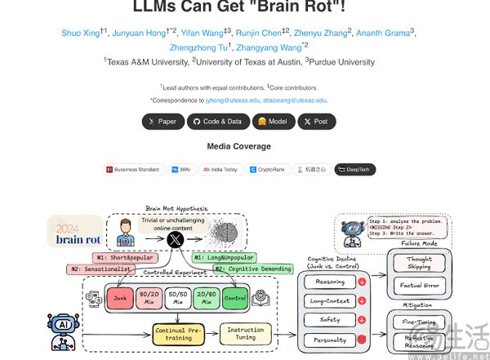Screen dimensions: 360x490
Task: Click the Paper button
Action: tap(163, 121)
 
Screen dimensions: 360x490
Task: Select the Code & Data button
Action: tap(218, 121)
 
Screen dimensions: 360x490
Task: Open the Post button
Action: tap(314, 121)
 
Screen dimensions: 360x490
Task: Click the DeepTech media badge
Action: tap(355, 169)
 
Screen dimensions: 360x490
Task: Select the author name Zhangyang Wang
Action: tap(269, 47)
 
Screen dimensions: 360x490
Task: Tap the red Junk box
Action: tap(120, 299)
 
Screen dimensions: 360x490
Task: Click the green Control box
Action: tap(235, 299)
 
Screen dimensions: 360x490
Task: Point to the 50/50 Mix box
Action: tap(176, 299)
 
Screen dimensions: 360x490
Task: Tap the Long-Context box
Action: tap(331, 301)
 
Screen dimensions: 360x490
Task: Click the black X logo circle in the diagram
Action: tap(174, 239)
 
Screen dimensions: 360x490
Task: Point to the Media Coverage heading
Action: tap(238, 146)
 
